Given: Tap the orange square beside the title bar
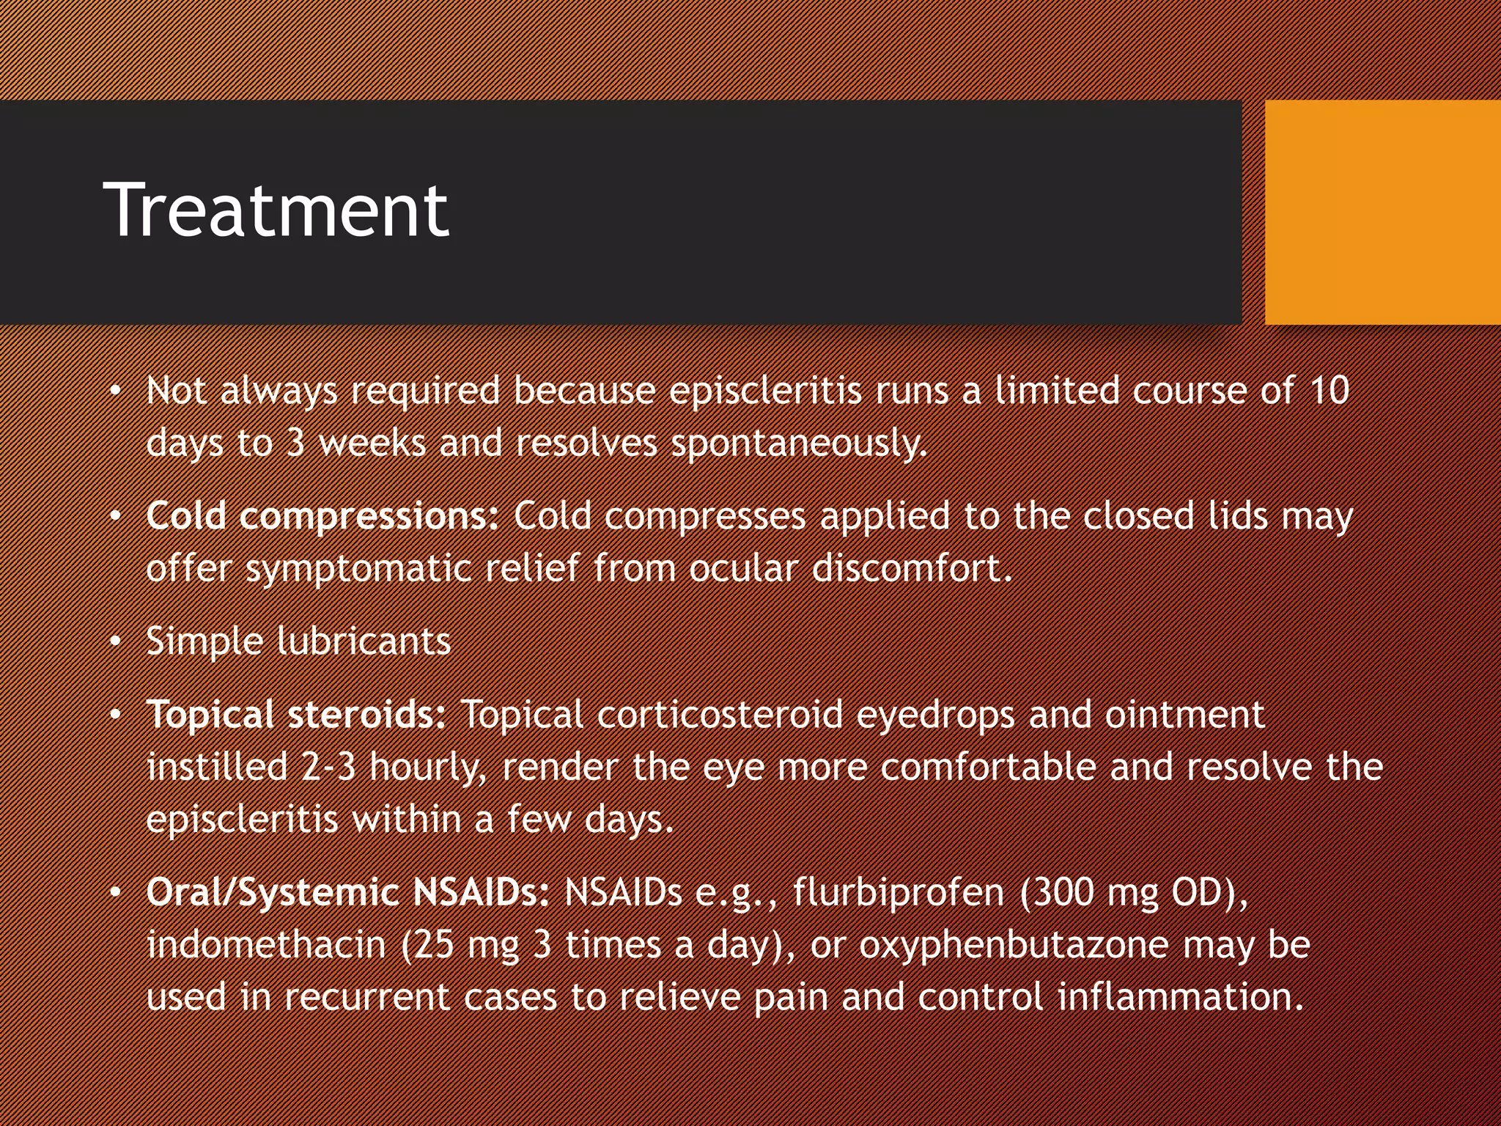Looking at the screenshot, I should click(x=1382, y=212).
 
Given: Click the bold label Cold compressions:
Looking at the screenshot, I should click(x=322, y=516).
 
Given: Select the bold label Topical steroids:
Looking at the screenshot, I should click(x=295, y=715).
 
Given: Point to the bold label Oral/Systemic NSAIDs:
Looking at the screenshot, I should click(x=347, y=893).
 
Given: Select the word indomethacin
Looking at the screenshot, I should click(x=266, y=945).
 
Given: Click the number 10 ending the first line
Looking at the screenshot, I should click(x=1328, y=391).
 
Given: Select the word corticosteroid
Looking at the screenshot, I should click(x=720, y=715).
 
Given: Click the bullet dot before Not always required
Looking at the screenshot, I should click(x=115, y=392).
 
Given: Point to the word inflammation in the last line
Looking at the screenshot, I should click(x=1180, y=997).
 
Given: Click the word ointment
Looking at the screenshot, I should click(x=1184, y=715).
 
